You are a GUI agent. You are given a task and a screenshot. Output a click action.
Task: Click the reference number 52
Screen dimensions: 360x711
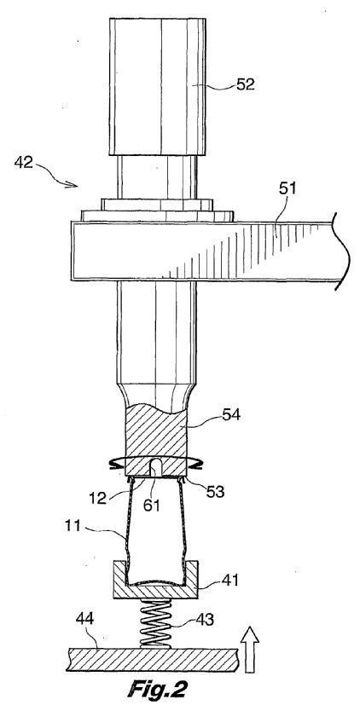click(245, 84)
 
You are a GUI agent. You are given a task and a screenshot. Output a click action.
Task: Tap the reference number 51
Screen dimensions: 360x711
click(286, 189)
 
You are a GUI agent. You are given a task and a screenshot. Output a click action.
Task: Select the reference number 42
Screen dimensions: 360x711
click(24, 162)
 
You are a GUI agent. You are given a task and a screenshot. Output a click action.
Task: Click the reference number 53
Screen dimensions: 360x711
click(214, 492)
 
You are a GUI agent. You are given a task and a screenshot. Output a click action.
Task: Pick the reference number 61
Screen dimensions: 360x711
click(152, 504)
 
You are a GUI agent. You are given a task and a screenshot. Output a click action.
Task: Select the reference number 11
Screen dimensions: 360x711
click(73, 528)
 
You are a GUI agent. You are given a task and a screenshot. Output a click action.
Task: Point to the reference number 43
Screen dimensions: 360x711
click(204, 621)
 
